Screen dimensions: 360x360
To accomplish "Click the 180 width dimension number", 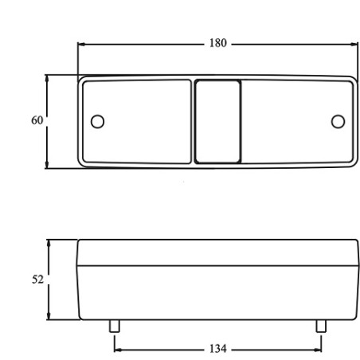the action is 218,43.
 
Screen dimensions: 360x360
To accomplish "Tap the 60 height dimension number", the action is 37,120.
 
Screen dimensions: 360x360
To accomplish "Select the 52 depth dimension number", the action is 37,280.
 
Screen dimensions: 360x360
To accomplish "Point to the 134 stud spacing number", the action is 218,349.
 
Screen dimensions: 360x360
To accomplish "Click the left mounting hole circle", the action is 97,122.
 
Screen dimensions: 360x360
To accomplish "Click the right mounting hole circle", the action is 338,122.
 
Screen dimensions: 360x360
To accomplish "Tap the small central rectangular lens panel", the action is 217,122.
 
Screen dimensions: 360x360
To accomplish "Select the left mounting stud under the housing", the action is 115,326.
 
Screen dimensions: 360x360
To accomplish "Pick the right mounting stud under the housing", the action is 321,326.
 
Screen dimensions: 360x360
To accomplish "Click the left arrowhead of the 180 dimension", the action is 81,45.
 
